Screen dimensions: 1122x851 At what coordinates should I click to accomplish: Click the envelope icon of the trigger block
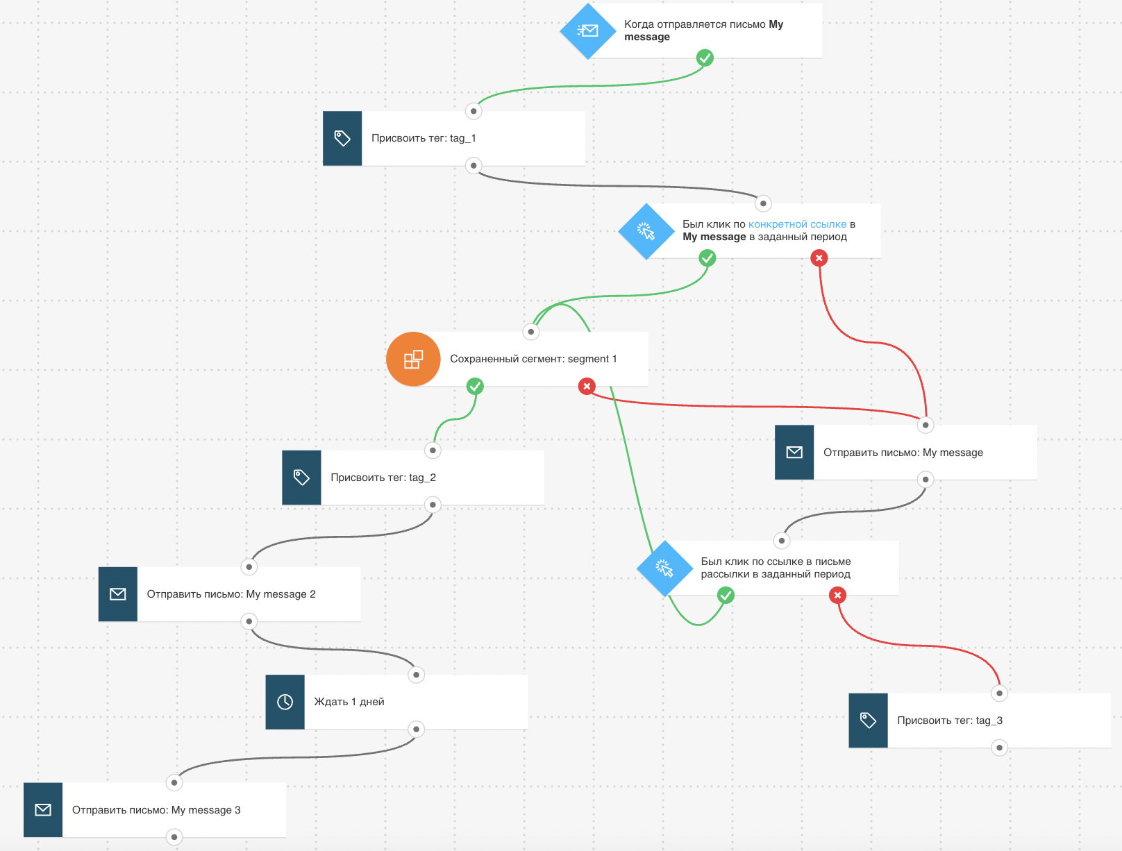click(588, 31)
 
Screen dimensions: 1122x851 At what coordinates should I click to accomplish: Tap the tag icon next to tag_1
click(342, 138)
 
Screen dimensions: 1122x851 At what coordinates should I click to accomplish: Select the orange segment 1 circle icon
click(413, 359)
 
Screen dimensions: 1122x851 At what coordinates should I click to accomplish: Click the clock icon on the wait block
click(285, 702)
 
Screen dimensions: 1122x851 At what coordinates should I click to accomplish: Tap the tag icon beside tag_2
click(301, 478)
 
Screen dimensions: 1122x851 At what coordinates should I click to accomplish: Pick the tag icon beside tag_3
click(868, 721)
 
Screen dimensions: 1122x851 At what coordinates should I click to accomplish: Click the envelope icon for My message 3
click(43, 810)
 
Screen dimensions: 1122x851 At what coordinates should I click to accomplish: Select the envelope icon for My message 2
click(117, 594)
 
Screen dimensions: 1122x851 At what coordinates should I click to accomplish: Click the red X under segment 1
click(587, 386)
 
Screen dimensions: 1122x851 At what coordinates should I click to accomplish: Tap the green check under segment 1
click(475, 386)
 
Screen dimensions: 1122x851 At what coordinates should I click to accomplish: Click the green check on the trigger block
click(705, 58)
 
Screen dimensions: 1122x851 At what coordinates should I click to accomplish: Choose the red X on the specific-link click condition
click(819, 258)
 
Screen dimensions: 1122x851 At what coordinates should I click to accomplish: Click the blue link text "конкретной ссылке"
click(798, 224)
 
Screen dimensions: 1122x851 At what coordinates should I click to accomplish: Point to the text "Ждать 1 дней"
click(349, 702)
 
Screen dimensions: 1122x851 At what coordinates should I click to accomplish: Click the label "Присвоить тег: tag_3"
click(950, 721)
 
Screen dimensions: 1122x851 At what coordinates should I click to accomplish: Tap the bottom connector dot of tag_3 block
click(999, 748)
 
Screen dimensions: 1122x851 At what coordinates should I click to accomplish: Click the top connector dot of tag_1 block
click(474, 111)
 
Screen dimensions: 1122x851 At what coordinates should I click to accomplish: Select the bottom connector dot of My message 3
click(174, 837)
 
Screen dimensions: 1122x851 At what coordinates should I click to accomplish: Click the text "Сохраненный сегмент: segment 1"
click(533, 359)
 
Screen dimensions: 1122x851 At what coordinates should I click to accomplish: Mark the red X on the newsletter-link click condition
click(837, 595)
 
